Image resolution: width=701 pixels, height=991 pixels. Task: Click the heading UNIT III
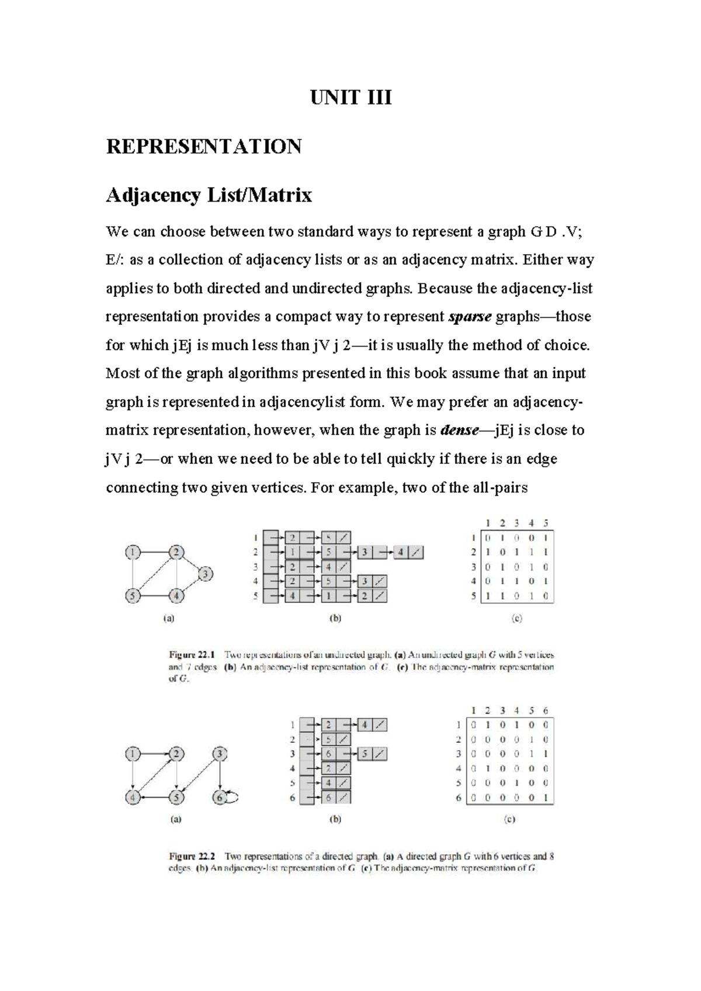(x=350, y=97)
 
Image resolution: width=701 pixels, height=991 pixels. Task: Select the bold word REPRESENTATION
(x=204, y=146)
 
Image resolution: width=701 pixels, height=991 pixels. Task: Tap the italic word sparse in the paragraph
(x=470, y=317)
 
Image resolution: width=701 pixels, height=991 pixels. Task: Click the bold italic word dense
(x=459, y=431)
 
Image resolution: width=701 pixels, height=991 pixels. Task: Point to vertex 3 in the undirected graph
(x=206, y=574)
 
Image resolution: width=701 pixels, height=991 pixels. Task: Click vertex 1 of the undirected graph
(x=134, y=552)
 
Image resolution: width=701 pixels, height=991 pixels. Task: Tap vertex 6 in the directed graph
(x=220, y=797)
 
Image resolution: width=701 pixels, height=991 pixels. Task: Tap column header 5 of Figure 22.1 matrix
(x=546, y=524)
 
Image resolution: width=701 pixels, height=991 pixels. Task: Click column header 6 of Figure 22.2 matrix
(x=546, y=711)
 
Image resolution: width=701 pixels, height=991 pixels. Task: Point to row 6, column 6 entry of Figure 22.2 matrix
(x=546, y=798)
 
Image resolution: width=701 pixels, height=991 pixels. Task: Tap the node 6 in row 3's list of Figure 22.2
(x=329, y=754)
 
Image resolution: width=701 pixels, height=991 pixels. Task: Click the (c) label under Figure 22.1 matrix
(x=516, y=618)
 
